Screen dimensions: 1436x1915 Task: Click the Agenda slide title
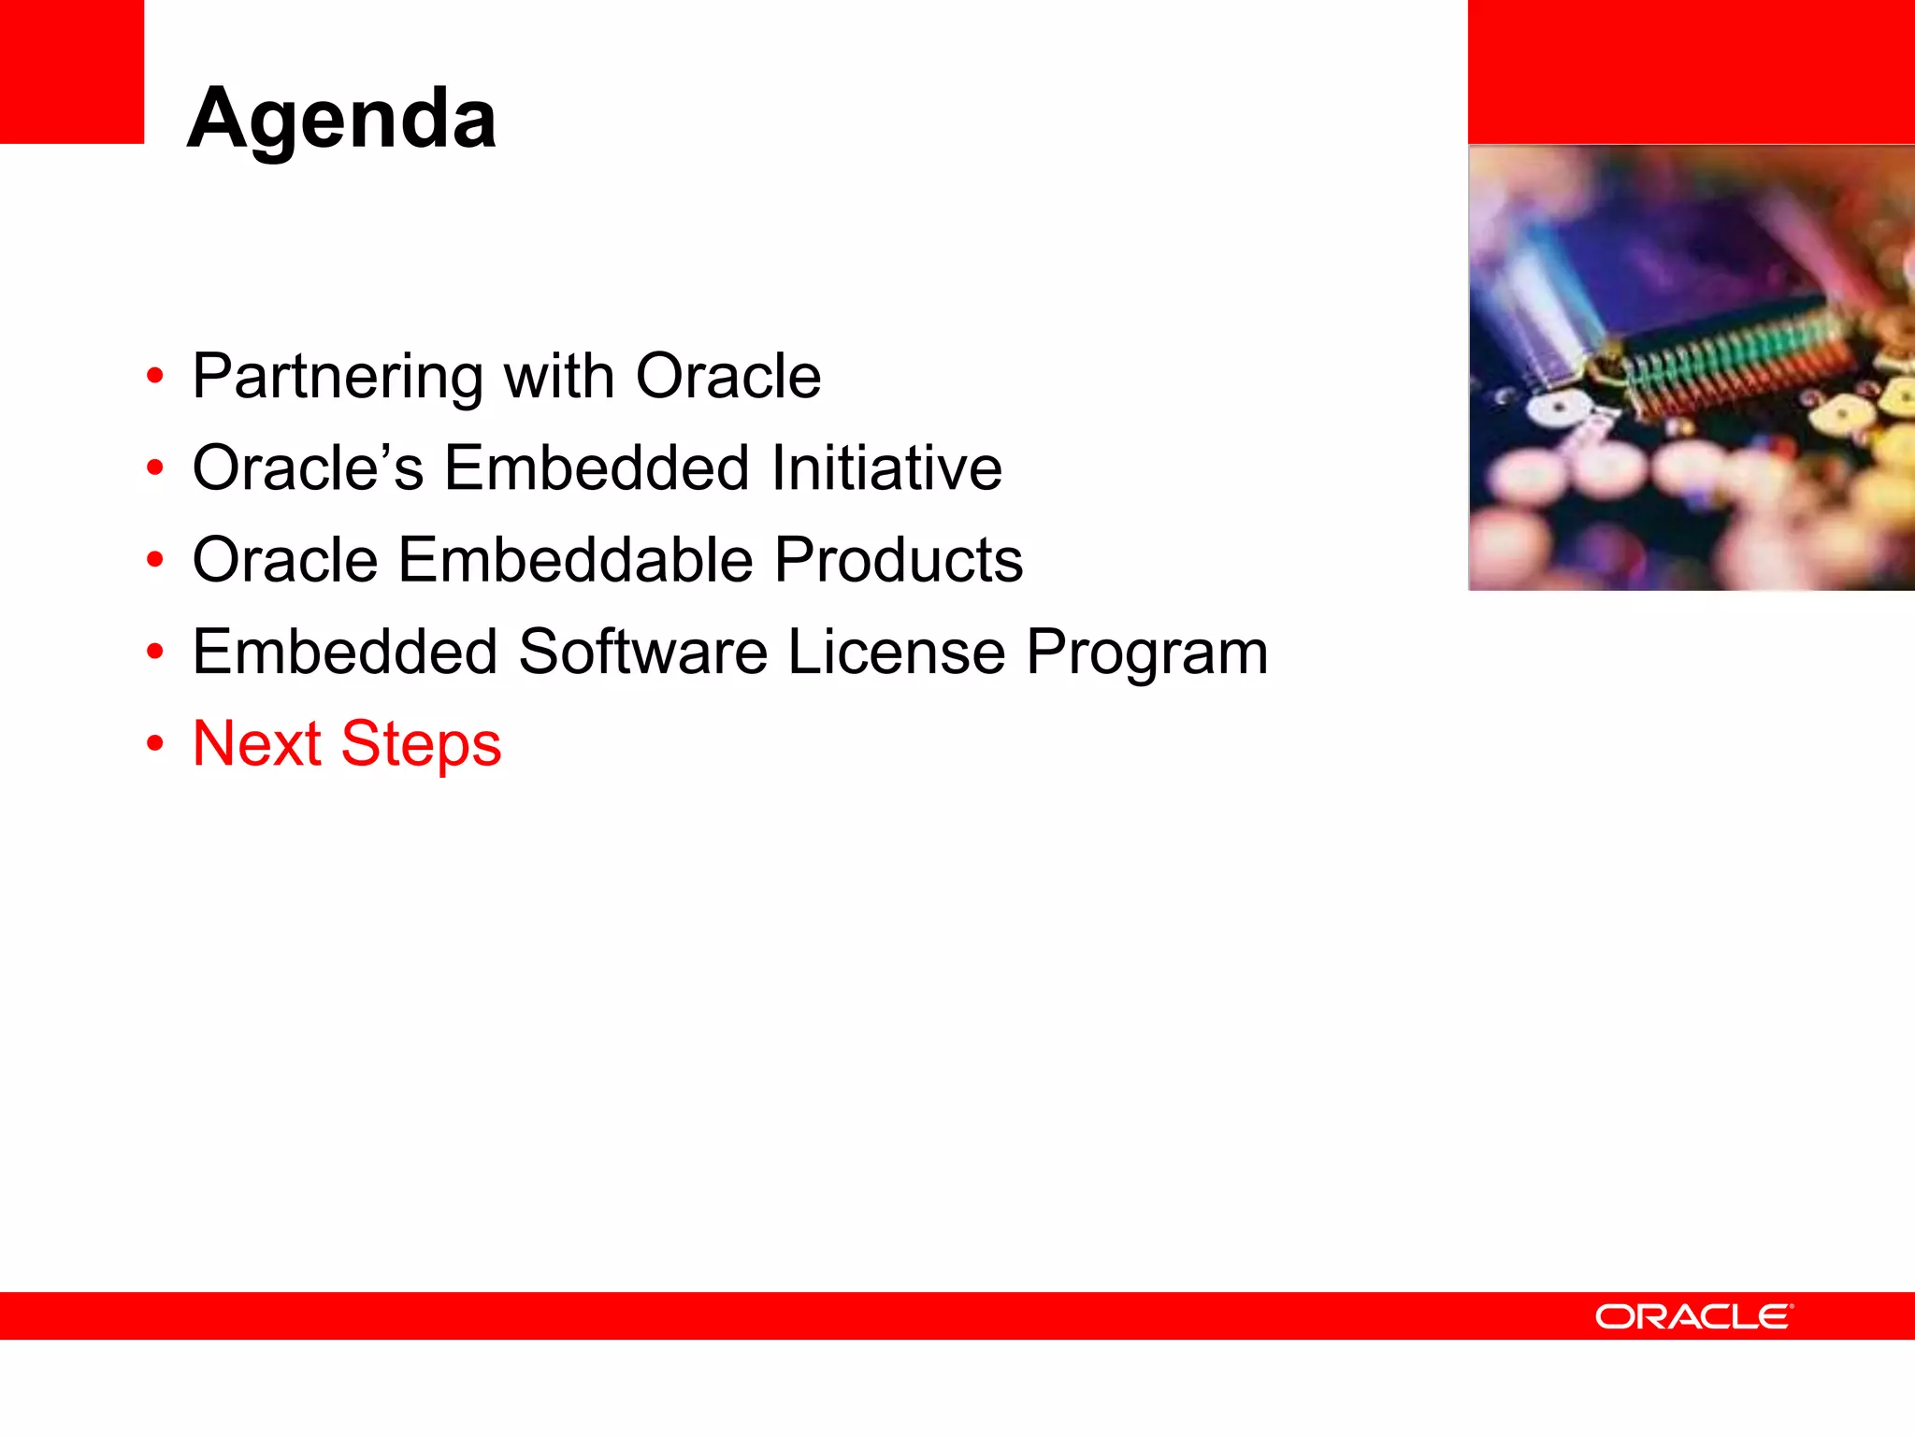point(341,119)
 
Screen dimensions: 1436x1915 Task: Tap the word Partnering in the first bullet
point(337,377)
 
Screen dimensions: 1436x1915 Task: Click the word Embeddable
point(575,560)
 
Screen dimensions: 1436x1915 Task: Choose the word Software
point(642,652)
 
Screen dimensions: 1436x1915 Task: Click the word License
point(896,652)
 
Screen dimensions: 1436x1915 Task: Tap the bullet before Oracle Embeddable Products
point(155,561)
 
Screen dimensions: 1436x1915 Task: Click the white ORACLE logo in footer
point(1693,1316)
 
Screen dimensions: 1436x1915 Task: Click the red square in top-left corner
point(71,71)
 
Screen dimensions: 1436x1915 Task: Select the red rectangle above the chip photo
point(1691,71)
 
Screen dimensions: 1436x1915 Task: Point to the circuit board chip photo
point(1691,367)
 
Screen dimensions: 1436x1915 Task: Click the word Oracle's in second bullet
point(308,467)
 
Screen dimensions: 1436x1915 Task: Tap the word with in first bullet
point(558,377)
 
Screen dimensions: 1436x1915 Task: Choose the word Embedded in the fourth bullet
point(344,652)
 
